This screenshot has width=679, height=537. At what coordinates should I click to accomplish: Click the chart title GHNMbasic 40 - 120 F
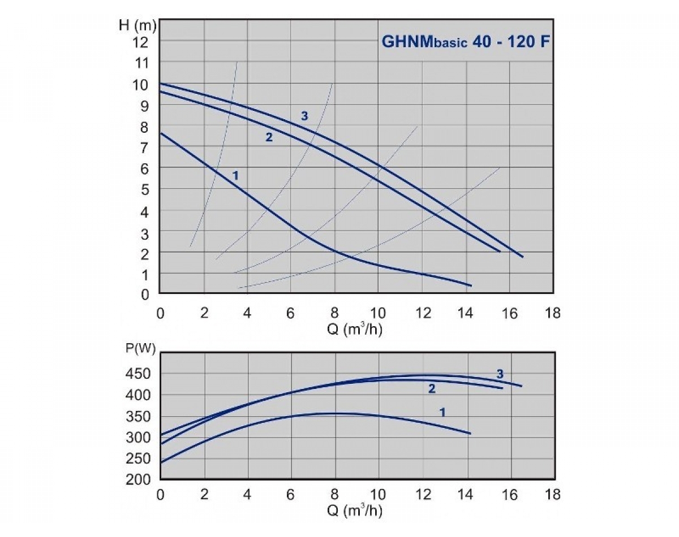coord(465,42)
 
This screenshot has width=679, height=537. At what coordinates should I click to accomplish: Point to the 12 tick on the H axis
coord(141,42)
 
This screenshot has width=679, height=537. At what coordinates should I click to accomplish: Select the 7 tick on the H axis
coord(144,148)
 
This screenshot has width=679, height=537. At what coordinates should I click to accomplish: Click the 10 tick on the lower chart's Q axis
coord(379,495)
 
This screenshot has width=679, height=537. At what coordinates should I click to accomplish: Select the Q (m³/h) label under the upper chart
coord(355,330)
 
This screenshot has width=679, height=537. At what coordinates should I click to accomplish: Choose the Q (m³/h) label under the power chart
coord(355,511)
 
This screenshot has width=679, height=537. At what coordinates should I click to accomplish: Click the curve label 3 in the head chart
coord(304,116)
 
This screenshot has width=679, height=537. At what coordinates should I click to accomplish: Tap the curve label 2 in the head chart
coord(269,137)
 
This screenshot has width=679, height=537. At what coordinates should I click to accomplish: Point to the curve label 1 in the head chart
coord(235,176)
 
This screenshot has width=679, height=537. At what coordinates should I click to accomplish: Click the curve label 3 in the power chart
coord(500,374)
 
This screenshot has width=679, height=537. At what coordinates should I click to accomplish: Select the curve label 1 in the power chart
coord(442,413)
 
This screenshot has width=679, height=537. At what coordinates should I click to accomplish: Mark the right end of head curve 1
coord(471,285)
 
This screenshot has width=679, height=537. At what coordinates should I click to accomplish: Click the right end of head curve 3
coord(523,257)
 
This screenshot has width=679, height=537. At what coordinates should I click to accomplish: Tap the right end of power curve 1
coord(470,434)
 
